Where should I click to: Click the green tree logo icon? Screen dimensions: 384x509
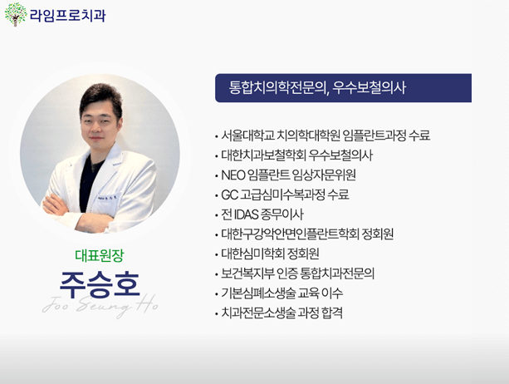tap(16, 14)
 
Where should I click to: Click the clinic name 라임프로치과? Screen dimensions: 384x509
tap(67, 15)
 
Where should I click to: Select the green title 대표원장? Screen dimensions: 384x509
tap(99, 254)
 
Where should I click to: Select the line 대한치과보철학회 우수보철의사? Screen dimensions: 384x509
tap(296, 155)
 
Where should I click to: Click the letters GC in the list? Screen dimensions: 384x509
tap(230, 195)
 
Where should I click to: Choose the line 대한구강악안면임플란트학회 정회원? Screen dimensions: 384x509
tap(307, 234)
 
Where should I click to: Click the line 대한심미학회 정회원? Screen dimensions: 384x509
tap(271, 254)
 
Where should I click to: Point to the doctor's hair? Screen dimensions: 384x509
tap(100, 96)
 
